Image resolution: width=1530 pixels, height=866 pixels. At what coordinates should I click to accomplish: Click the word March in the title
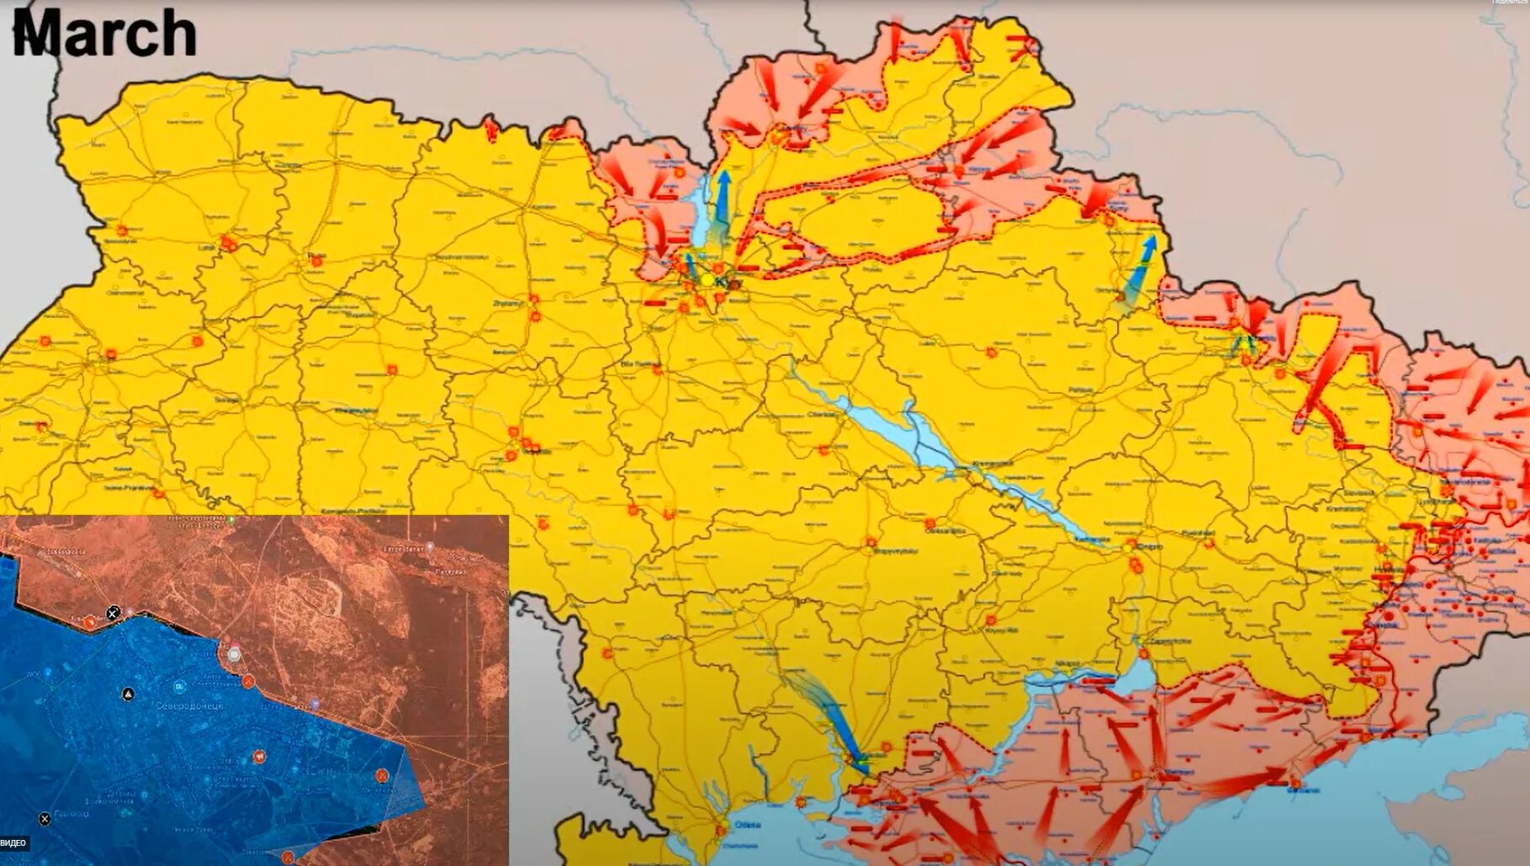[104, 34]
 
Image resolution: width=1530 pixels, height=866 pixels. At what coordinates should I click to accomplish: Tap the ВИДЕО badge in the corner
[13, 842]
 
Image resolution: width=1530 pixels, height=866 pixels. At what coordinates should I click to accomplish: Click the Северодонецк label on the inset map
[189, 705]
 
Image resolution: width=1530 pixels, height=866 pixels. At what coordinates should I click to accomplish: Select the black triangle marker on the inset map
[128, 694]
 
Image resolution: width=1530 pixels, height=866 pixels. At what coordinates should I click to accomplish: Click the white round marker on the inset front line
[234, 654]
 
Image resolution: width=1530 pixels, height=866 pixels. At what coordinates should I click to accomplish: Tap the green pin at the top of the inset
[232, 520]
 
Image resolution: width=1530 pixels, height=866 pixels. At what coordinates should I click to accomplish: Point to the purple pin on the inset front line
[315, 704]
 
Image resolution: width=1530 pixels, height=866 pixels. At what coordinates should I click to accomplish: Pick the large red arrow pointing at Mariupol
[1236, 783]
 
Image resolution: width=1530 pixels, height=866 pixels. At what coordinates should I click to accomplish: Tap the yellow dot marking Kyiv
[709, 280]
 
